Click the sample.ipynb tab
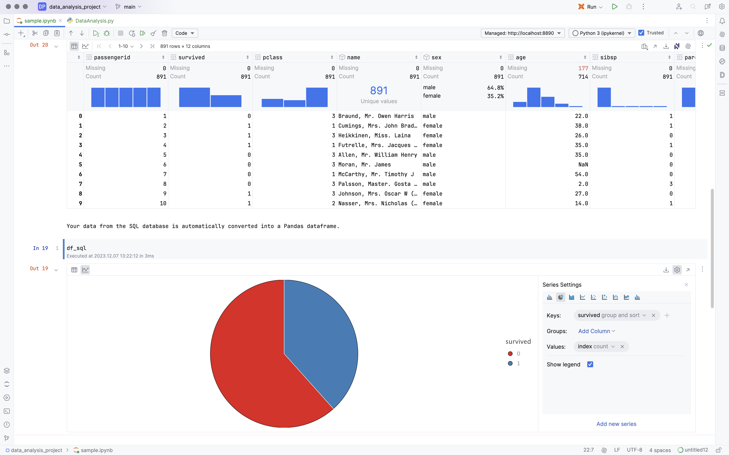point(40,21)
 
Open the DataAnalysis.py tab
point(94,21)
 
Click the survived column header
point(191,57)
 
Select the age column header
point(521,57)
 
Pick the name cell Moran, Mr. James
point(364,165)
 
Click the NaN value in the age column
point(583,165)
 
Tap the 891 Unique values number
point(378,90)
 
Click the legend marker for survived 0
point(510,354)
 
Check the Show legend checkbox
point(590,365)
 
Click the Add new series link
point(616,424)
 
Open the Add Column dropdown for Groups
point(596,331)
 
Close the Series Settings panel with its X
point(686,285)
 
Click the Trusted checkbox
point(641,33)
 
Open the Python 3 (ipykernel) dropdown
point(602,33)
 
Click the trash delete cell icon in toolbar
point(165,33)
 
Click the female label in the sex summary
point(432,96)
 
